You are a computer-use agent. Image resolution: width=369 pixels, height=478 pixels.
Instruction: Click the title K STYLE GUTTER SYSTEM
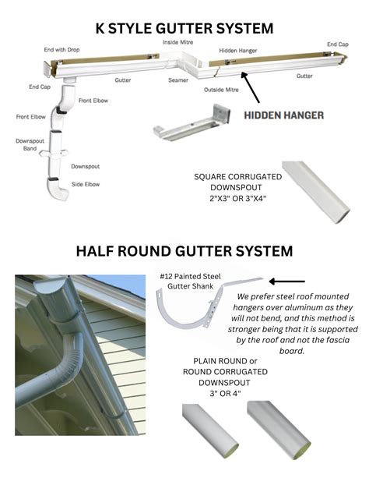pyautogui.click(x=184, y=29)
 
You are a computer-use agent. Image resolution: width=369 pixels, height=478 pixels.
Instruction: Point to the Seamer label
pyautogui.click(x=177, y=80)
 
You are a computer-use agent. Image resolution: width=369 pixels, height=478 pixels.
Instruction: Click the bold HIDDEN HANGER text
pyautogui.click(x=284, y=115)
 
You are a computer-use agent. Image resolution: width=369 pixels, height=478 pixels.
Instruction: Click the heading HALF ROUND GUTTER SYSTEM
pyautogui.click(x=184, y=251)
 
